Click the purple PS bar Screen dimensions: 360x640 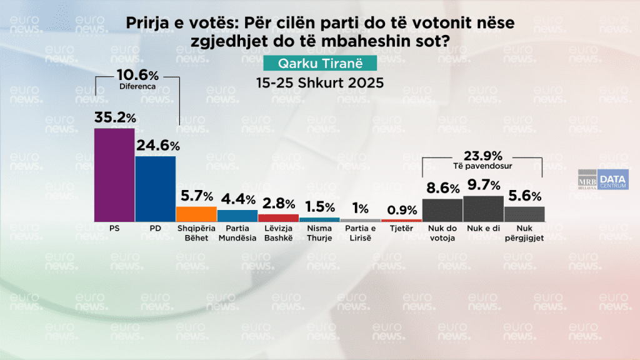tap(114, 174)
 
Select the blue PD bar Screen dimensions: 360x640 tap(155, 188)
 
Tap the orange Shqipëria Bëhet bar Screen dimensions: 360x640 tap(196, 214)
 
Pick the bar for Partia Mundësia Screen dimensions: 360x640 tap(237, 216)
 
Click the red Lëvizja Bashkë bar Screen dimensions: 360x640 tap(278, 217)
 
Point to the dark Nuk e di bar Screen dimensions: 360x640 tap(483, 209)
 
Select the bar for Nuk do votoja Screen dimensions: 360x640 tap(442, 210)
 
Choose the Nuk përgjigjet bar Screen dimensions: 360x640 tap(524, 214)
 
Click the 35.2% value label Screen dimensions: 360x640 tap(115, 117)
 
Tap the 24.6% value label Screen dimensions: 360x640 tap(158, 146)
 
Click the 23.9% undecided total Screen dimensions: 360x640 tap(482, 156)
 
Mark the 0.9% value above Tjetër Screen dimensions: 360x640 tap(402, 211)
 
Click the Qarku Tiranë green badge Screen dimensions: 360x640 tap(320, 64)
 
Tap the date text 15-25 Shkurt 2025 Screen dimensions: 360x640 tap(320, 82)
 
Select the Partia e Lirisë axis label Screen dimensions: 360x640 tap(361, 234)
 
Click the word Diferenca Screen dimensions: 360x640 tap(137, 87)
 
